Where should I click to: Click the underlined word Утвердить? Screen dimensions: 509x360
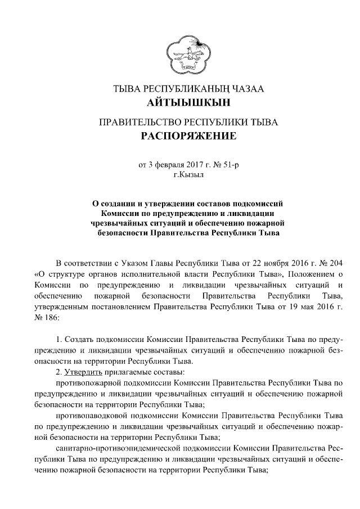82,372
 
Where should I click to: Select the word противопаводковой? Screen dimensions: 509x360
92,415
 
